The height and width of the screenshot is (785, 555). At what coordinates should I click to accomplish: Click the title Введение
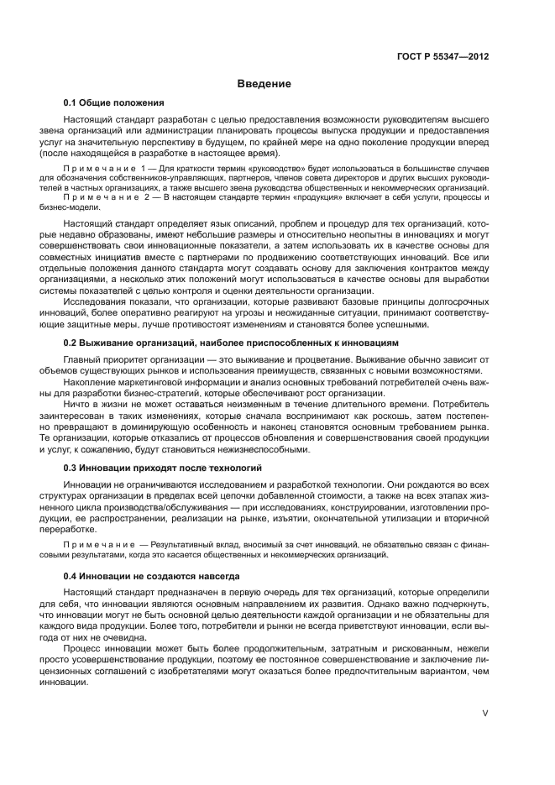click(264, 84)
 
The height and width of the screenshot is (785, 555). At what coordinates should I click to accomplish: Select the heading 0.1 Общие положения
click(113, 103)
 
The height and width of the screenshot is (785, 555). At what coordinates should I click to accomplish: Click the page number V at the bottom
click(484, 712)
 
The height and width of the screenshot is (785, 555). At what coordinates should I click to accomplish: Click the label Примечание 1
click(108, 170)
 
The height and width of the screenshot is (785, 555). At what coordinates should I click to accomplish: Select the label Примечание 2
click(108, 197)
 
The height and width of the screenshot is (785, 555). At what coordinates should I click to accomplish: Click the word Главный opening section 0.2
click(83, 359)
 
